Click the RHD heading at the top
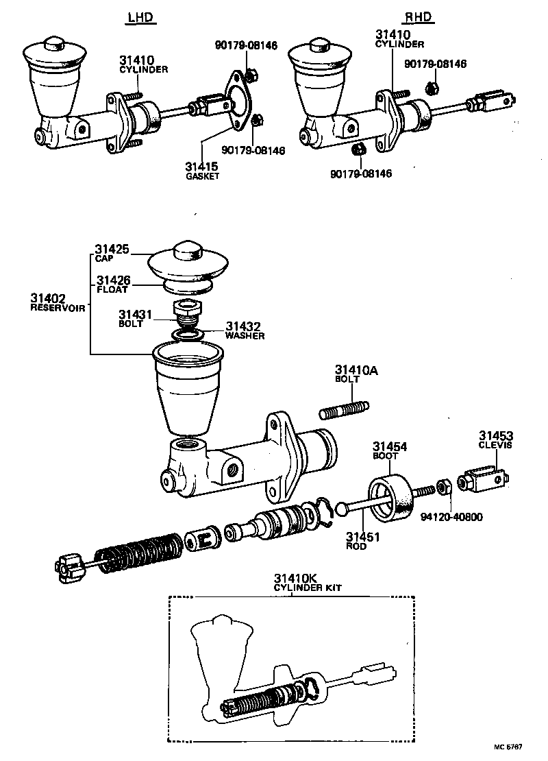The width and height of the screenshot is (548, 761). click(x=420, y=19)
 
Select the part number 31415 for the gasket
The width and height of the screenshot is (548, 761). click(x=201, y=166)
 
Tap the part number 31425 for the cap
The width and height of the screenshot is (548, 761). click(x=112, y=249)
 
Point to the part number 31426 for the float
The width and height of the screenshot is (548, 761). click(x=113, y=280)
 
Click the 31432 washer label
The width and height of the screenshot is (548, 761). click(x=243, y=326)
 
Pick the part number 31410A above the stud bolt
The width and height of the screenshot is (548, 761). click(x=356, y=370)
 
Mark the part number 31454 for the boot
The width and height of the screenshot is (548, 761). click(x=389, y=446)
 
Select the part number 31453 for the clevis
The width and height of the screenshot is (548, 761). click(x=496, y=435)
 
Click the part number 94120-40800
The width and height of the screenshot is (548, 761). click(x=452, y=517)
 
